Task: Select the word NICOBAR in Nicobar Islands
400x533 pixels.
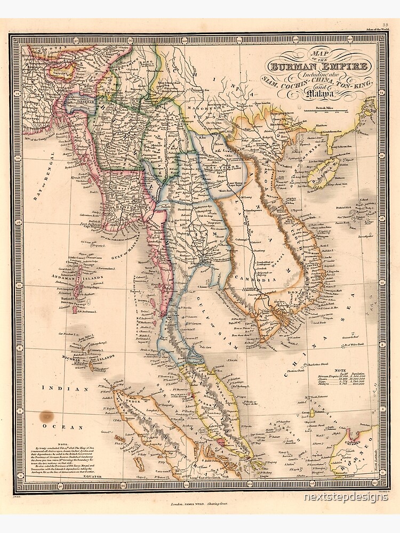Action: pyautogui.click(x=71, y=360)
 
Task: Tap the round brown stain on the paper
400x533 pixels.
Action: pyautogui.click(x=46, y=416)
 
